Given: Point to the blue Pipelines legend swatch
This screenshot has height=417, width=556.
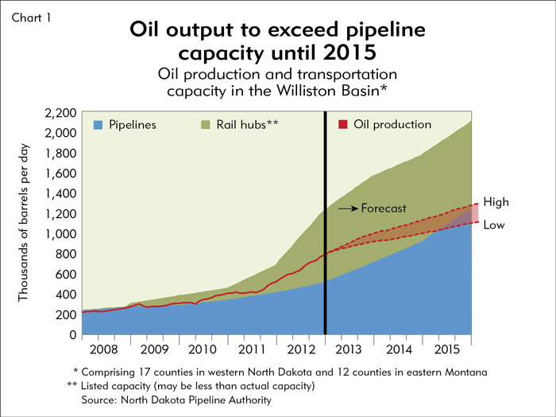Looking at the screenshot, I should (98, 125).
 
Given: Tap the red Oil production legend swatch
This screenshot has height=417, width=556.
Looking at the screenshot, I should (343, 125).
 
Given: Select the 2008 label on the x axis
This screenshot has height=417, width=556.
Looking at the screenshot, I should (105, 350).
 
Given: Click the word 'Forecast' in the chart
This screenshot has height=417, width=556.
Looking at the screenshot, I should (384, 208).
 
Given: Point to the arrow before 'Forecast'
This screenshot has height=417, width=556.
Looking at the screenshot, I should (348, 208).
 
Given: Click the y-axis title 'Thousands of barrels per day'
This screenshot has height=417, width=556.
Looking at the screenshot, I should (25, 224).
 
